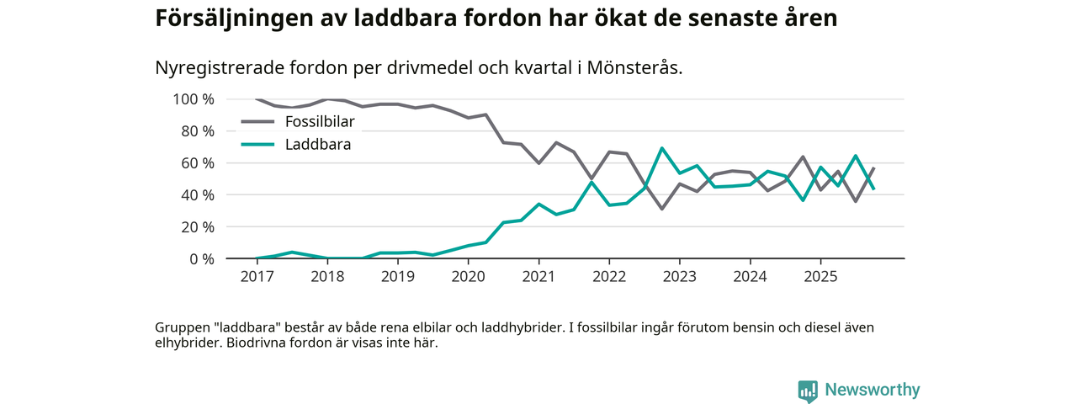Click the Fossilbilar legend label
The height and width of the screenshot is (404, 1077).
tap(320, 122)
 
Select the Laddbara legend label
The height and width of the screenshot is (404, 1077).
tap(318, 145)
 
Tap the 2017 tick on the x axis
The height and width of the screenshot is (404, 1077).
tap(257, 276)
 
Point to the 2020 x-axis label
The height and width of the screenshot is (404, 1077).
tap(468, 276)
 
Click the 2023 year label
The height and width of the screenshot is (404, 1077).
tap(679, 276)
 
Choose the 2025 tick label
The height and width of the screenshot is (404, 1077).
tap(820, 276)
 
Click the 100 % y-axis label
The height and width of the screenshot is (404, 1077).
tap(194, 99)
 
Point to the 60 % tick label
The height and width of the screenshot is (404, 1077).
tap(197, 162)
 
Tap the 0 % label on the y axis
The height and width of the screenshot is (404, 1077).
tap(200, 258)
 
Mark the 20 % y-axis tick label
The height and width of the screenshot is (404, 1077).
tap(197, 226)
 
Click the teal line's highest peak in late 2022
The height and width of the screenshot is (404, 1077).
tap(662, 148)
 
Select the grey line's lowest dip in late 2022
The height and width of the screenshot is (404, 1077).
tap(662, 209)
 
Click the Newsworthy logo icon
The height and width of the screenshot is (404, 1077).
tap(808, 391)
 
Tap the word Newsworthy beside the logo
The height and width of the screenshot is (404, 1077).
tap(873, 391)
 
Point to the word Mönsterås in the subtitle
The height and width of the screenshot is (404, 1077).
tap(637, 67)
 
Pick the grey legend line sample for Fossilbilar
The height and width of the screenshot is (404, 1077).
tap(257, 122)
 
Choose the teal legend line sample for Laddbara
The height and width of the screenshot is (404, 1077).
tap(257, 145)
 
